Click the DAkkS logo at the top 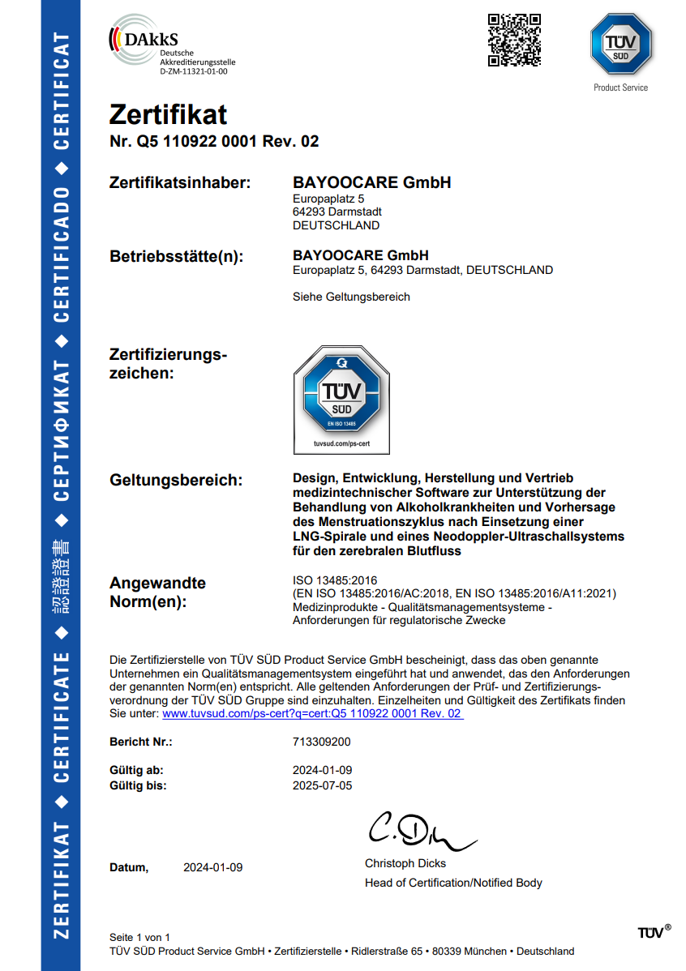[x=171, y=45]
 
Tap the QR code [x=514, y=40]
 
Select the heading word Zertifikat [x=168, y=114]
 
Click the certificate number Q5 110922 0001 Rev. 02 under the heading [x=228, y=142]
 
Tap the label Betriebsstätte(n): [x=176, y=257]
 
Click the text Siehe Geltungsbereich [x=351, y=297]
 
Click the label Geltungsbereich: [x=176, y=480]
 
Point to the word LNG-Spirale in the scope [x=328, y=537]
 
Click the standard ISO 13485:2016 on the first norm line [x=335, y=580]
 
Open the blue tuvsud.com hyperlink [x=312, y=714]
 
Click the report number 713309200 [x=321, y=742]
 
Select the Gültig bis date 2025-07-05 [x=322, y=785]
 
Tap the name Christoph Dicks [x=405, y=864]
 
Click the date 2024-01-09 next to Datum [x=212, y=868]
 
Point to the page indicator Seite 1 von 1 [x=139, y=937]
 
